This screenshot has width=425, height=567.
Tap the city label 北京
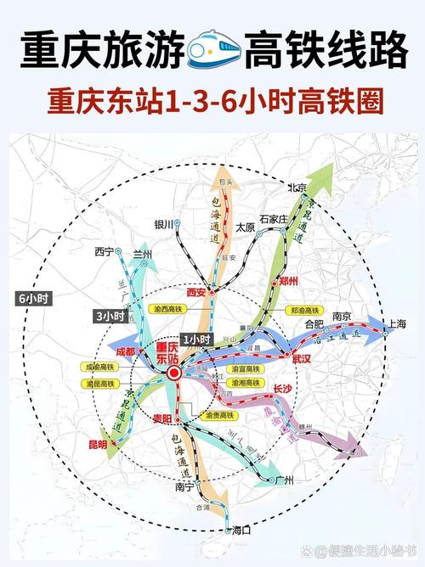click(297, 188)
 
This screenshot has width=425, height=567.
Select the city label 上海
click(396, 323)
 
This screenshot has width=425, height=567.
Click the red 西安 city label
click(195, 292)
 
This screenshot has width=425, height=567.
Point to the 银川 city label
click(163, 225)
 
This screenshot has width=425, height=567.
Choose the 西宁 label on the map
click(104, 251)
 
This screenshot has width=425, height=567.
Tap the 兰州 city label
click(141, 253)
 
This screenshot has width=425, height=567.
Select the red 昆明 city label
click(97, 444)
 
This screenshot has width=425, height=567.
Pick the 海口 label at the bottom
click(241, 530)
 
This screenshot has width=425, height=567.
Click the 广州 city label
click(285, 480)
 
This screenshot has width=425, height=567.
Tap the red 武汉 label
click(302, 360)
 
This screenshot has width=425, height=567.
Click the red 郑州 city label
click(288, 279)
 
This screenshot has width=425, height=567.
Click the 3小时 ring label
click(109, 316)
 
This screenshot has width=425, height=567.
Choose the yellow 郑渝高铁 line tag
click(304, 311)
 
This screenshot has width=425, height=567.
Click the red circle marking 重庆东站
click(174, 373)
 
